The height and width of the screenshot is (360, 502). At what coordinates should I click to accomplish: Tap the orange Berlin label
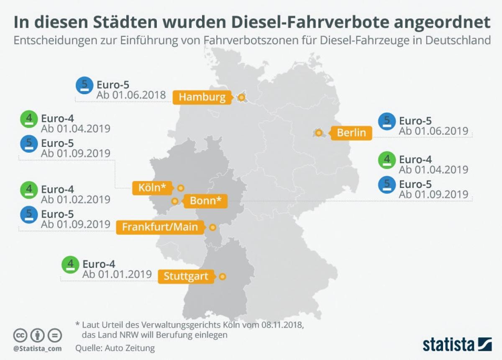click(x=351, y=133)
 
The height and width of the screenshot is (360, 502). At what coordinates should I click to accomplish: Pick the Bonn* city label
click(x=205, y=201)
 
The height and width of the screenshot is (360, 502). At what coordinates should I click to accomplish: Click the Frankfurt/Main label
click(x=160, y=227)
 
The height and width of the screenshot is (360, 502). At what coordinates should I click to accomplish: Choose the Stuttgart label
click(x=186, y=277)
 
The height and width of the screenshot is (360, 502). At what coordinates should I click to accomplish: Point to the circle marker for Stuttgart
click(x=223, y=277)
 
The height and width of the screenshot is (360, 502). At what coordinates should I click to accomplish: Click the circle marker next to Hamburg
click(x=241, y=98)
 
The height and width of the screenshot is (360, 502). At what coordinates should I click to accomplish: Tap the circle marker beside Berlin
click(x=319, y=133)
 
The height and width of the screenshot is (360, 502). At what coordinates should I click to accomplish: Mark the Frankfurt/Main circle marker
click(x=213, y=227)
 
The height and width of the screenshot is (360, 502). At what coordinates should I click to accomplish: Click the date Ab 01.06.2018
click(x=131, y=95)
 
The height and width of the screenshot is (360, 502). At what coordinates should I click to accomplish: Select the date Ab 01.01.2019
click(x=117, y=275)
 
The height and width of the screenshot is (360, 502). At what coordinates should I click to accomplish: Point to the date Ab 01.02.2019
click(x=76, y=200)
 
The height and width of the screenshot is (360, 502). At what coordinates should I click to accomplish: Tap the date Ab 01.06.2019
click(x=433, y=131)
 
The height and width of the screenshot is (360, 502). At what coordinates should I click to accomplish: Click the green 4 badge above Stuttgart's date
click(x=70, y=265)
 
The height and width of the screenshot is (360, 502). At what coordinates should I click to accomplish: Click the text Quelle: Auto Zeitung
click(x=115, y=348)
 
